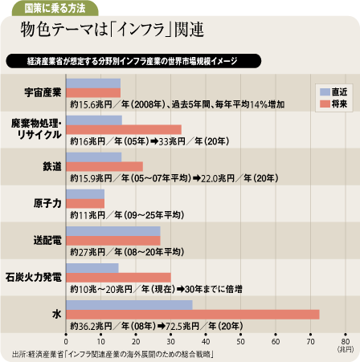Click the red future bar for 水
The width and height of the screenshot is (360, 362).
tap(193, 315)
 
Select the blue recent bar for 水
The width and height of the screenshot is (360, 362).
tap(129, 305)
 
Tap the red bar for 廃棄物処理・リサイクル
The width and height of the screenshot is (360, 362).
tap(124, 129)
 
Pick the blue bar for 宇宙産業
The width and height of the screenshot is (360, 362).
tap(93, 83)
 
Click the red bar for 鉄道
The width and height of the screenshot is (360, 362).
tap(104, 166)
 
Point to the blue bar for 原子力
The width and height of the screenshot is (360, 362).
tap(85, 194)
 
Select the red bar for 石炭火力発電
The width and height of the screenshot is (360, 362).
tap(118, 278)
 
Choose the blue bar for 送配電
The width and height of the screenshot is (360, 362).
tap(113, 231)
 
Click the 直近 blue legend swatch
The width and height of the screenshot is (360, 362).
tap(325, 92)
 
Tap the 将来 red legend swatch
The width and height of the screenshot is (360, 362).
tap(325, 104)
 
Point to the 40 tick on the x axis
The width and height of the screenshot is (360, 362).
tap(206, 335)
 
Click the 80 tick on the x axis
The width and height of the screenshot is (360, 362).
tap(346, 335)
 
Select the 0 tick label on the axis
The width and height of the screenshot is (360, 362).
tap(66, 342)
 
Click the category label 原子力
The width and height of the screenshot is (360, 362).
tap(47, 203)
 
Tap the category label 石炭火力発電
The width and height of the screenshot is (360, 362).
tap(34, 277)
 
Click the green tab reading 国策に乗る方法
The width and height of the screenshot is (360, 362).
tap(55, 8)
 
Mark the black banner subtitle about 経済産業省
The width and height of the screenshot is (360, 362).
tap(133, 61)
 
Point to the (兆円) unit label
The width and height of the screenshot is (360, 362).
tap(346, 349)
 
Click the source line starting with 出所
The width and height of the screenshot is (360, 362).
tap(113, 355)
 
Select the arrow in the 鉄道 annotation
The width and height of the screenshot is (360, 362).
tap(197, 178)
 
